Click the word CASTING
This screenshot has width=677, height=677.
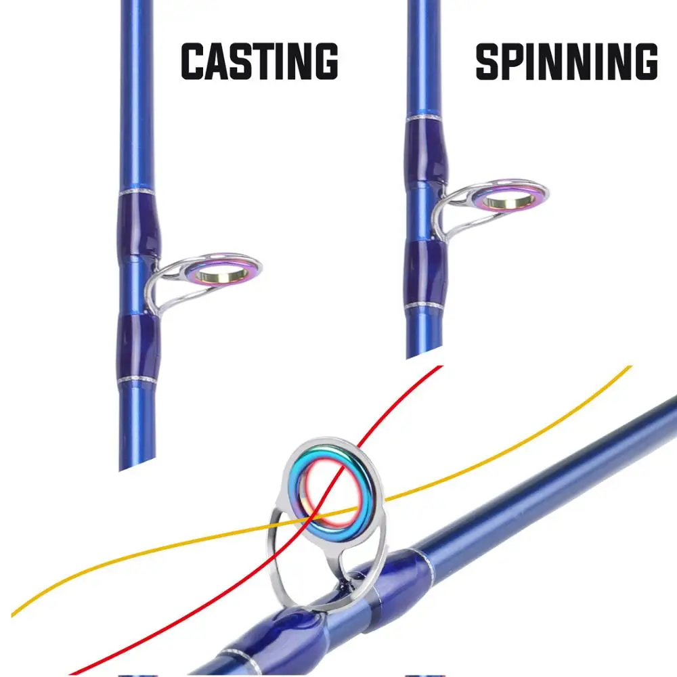pos(259,62)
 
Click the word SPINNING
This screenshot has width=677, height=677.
pos(566,62)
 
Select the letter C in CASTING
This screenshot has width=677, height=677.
pos(194,62)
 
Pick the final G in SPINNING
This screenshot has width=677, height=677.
pos(644,62)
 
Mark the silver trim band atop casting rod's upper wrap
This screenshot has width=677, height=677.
pos(139,193)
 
